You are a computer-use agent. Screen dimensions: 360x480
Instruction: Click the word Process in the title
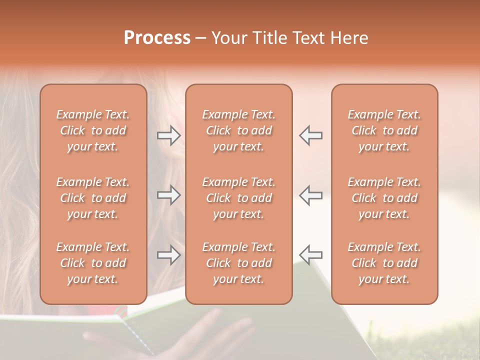pos(157,37)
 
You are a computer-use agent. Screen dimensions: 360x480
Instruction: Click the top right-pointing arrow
pos(169,135)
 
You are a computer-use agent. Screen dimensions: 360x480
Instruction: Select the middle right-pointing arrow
pos(169,195)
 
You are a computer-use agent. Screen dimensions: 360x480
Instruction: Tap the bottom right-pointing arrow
pos(169,255)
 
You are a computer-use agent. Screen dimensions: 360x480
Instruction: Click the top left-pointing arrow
pos(311,135)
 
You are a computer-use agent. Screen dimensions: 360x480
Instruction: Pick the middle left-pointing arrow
pos(311,195)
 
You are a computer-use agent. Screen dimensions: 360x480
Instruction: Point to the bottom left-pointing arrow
pos(311,255)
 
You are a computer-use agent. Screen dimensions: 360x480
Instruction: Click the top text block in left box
pos(93,130)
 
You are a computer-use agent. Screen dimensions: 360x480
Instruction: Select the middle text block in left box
pos(93,198)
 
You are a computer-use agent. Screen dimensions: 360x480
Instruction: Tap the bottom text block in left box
pos(93,263)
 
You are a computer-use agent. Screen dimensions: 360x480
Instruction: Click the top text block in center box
pos(239,130)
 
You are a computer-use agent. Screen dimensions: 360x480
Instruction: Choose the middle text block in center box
pos(239,198)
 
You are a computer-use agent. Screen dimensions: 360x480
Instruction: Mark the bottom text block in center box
pos(239,263)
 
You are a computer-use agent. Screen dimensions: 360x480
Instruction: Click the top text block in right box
pos(384,130)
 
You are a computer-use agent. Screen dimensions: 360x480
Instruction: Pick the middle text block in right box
pos(384,198)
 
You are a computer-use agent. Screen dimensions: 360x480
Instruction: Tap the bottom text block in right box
pos(384,263)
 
